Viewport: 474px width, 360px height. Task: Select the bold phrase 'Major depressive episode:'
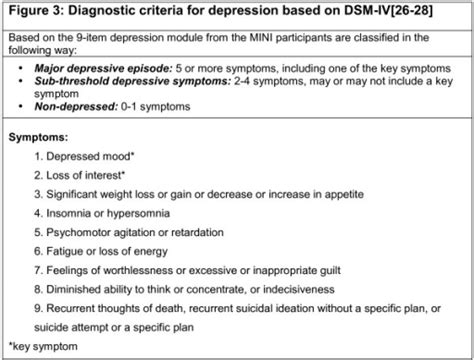pyautogui.click(x=104, y=69)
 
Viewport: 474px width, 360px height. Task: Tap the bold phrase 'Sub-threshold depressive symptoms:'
pyautogui.click(x=133, y=81)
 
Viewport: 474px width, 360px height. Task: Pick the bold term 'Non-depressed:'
pyautogui.click(x=76, y=107)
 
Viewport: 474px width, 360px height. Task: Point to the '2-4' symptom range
pyautogui.click(x=242, y=81)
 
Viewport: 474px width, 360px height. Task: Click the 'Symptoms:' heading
pyautogui.click(x=38, y=137)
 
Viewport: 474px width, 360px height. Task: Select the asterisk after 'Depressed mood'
pyautogui.click(x=132, y=154)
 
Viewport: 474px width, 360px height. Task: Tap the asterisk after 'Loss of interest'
pyautogui.click(x=123, y=173)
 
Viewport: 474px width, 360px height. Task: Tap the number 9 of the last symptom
pyautogui.click(x=37, y=308)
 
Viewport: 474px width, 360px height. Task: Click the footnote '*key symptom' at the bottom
pyautogui.click(x=43, y=347)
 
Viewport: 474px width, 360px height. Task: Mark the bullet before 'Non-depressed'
pyautogui.click(x=21, y=107)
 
